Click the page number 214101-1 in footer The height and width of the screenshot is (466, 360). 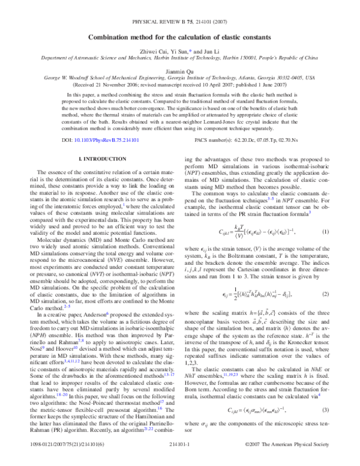point(180,457)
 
